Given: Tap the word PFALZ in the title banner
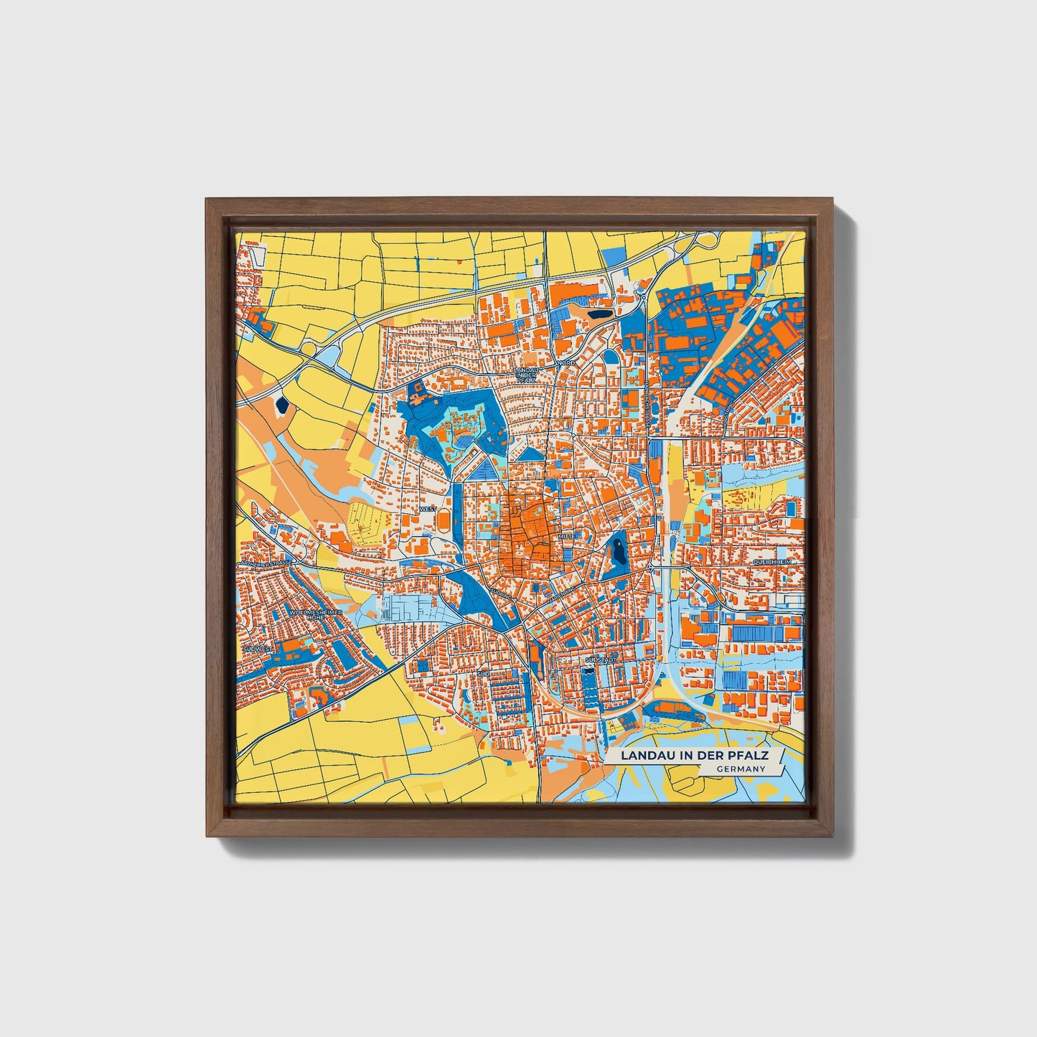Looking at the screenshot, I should [752, 756].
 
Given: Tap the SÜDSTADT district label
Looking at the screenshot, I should [601, 659].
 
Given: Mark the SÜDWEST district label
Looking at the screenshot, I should [258, 648].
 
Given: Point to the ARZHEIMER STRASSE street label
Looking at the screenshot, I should [267, 564].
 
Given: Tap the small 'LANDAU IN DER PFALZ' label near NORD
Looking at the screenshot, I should [526, 373].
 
